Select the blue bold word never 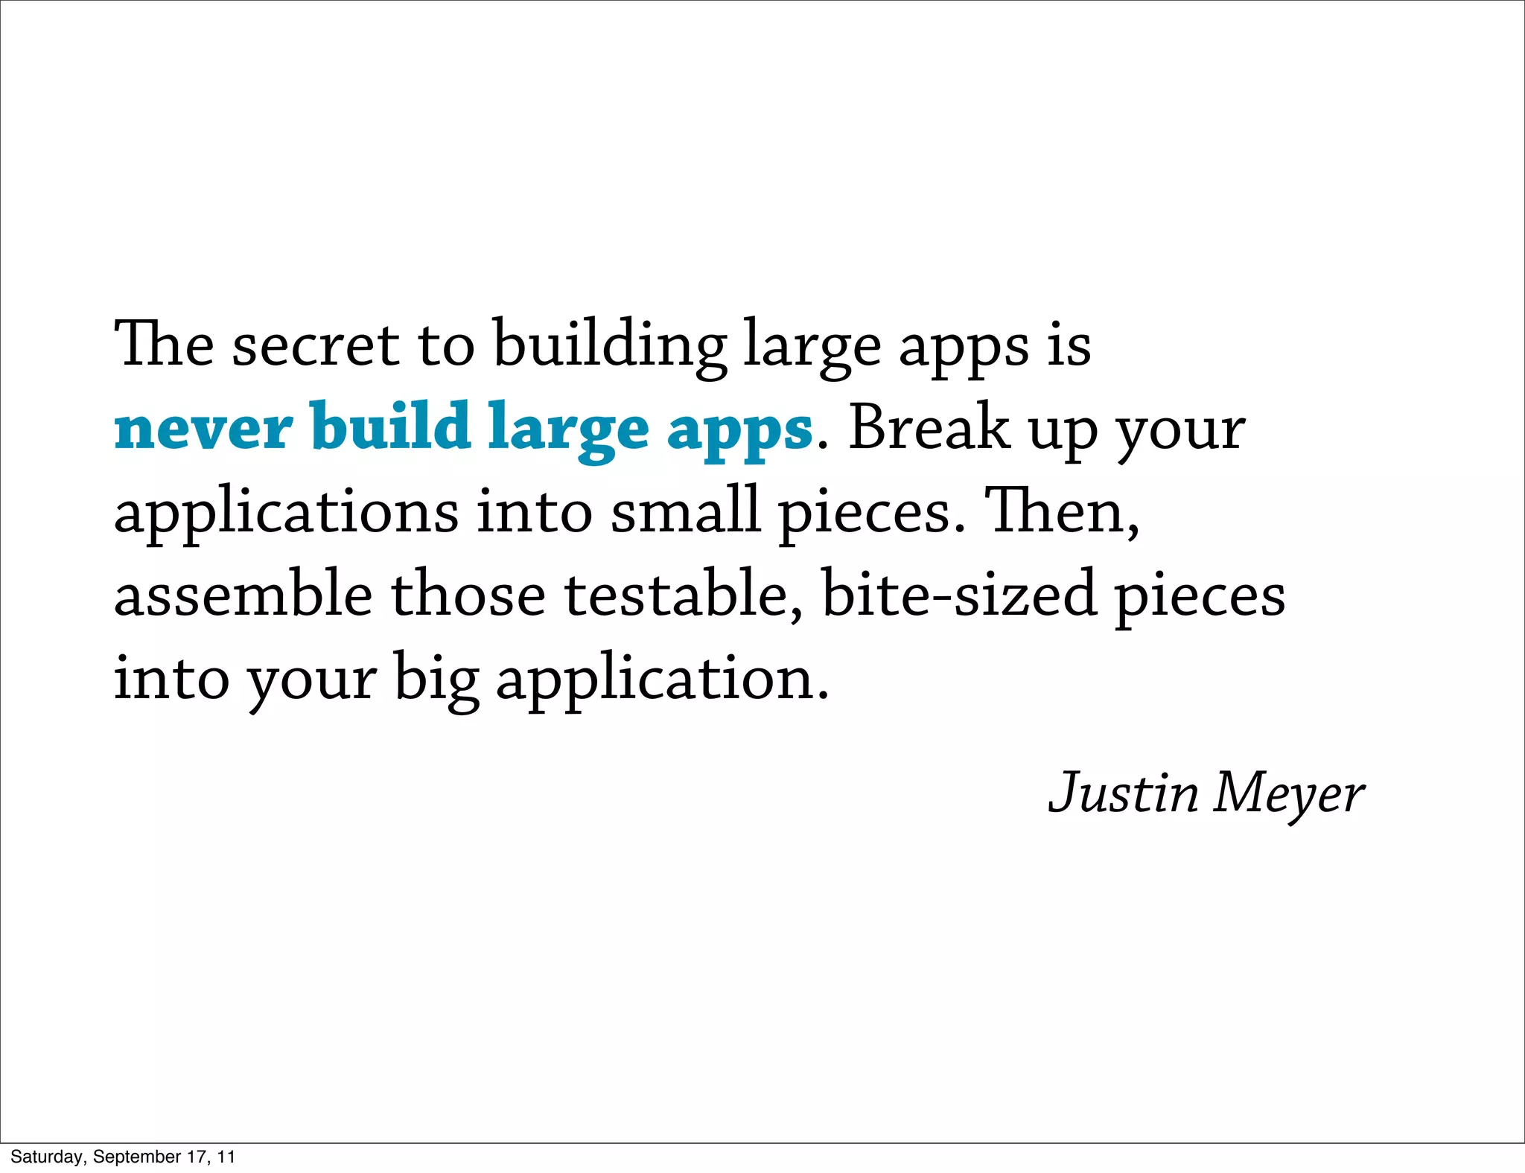tap(203, 429)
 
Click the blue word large tap(568, 429)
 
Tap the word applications tap(286, 514)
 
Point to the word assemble tap(243, 595)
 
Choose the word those tap(468, 595)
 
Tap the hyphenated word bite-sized tap(958, 595)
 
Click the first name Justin tap(1124, 793)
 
